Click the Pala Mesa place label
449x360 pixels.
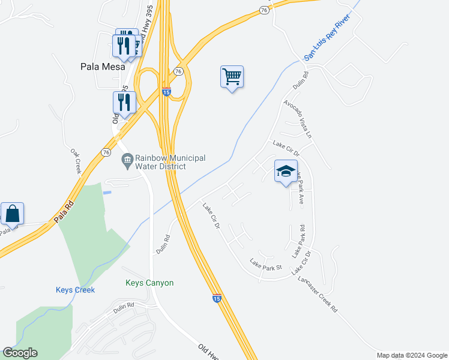pos(103,67)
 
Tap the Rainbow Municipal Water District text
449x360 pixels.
pos(170,162)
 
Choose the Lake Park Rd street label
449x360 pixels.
pos(299,241)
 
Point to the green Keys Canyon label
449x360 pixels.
pos(149,283)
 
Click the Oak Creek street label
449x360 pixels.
pos(76,162)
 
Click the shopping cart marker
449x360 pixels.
pos(232,77)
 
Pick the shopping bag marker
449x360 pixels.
pos(12,214)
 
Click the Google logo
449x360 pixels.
pos(20,353)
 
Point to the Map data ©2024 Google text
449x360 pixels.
pos(411,355)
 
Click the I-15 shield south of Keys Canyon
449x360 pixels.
pos(217,298)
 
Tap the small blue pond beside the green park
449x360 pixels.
pos(107,193)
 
